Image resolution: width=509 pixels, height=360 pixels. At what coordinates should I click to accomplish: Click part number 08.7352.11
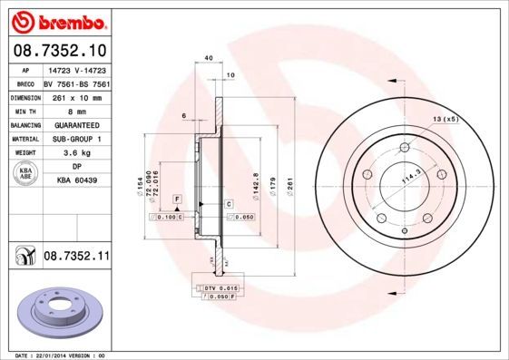(x=76, y=258)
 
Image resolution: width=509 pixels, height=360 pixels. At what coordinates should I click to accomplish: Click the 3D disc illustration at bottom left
(x=57, y=312)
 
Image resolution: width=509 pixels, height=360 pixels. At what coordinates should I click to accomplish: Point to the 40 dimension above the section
(x=209, y=59)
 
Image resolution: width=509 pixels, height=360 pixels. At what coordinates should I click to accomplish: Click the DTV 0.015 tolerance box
(x=220, y=287)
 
